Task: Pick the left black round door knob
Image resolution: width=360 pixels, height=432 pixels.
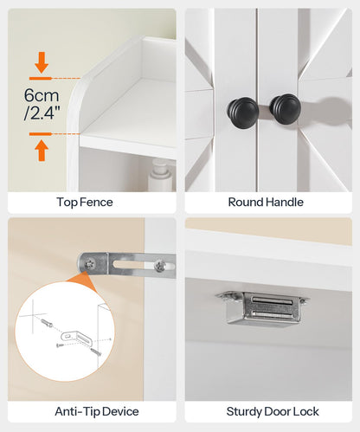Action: pos(238,110)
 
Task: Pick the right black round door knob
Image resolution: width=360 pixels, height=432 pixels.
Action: pos(284,107)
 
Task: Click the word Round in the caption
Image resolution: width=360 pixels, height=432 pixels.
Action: pos(246,203)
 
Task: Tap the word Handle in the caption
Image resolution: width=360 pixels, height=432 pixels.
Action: pos(287,203)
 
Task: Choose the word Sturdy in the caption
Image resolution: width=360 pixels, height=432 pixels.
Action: pos(246,411)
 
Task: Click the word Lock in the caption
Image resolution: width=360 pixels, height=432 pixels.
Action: pos(304,411)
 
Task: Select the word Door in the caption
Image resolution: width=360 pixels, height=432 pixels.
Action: pos(277,411)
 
